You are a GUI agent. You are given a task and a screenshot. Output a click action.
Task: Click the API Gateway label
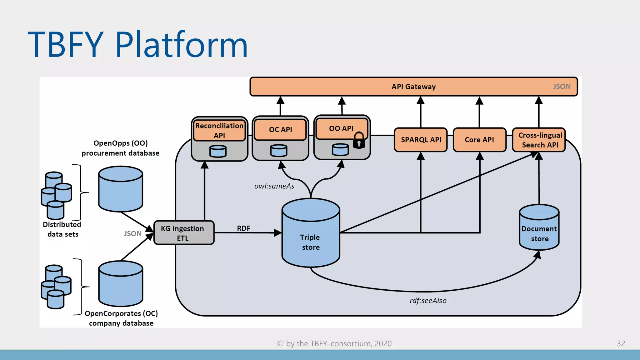coord(413,87)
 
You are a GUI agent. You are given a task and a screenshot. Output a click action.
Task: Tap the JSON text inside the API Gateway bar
coord(562,87)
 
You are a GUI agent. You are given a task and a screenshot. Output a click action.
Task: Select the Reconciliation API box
coord(219,131)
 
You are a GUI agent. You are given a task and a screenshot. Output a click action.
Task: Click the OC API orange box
coord(280,129)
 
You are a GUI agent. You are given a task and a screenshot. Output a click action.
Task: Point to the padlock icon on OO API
coord(359,140)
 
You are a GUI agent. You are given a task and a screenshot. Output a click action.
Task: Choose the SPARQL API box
coord(421,140)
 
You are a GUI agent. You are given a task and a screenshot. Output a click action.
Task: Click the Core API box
coord(479,140)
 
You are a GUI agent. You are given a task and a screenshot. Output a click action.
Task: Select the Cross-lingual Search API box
coord(540,140)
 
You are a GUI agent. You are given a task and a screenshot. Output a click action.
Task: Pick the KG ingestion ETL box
coord(183,233)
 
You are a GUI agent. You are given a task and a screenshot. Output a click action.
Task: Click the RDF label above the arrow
coord(243,228)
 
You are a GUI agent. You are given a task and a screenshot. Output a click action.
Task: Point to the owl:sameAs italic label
coord(274,186)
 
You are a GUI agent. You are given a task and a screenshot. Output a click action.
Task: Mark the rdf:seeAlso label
coord(428,301)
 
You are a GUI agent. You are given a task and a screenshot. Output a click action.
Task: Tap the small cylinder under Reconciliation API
coord(218,151)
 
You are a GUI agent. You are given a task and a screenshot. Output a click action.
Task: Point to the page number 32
coord(621,343)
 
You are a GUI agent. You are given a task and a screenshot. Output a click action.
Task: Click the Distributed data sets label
coord(62,229)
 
